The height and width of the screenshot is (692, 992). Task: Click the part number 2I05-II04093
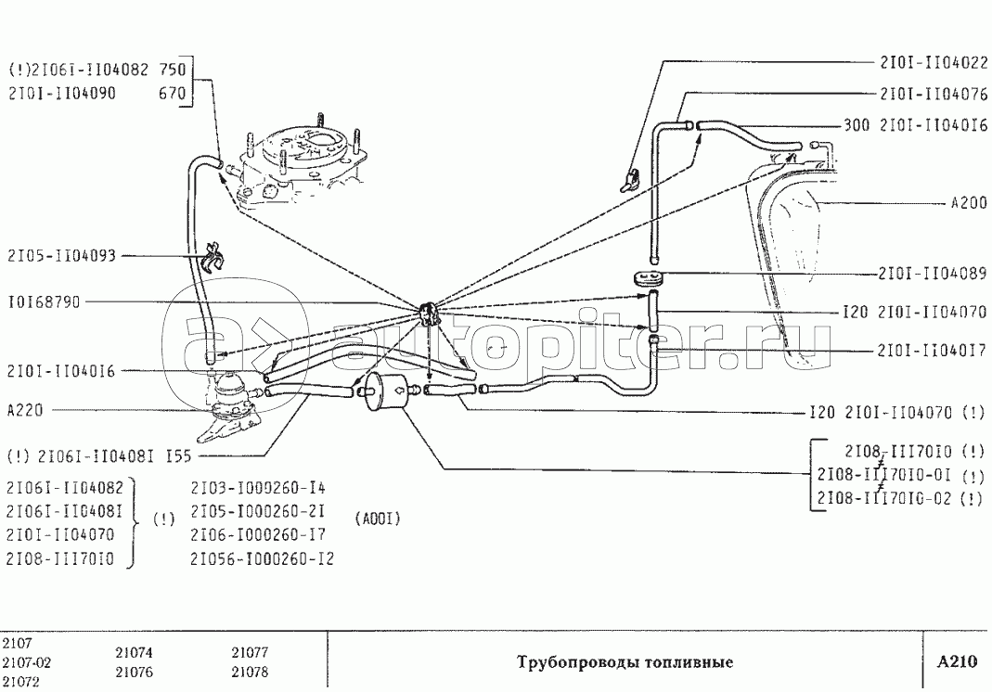[x=62, y=256]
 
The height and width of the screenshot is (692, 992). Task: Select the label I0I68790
[x=45, y=302]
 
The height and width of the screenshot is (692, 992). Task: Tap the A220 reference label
[x=25, y=411]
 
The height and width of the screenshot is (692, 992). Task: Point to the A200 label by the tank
[x=969, y=203]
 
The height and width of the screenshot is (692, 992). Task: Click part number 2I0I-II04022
[x=934, y=62]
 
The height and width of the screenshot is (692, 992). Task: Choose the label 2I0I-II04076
[x=934, y=94]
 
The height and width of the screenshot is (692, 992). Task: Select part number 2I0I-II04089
[x=933, y=274]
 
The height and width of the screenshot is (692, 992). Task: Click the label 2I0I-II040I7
[x=932, y=351]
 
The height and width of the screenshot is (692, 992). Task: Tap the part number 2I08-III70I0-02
[x=884, y=498]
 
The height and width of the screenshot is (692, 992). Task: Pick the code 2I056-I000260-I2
[x=262, y=559]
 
